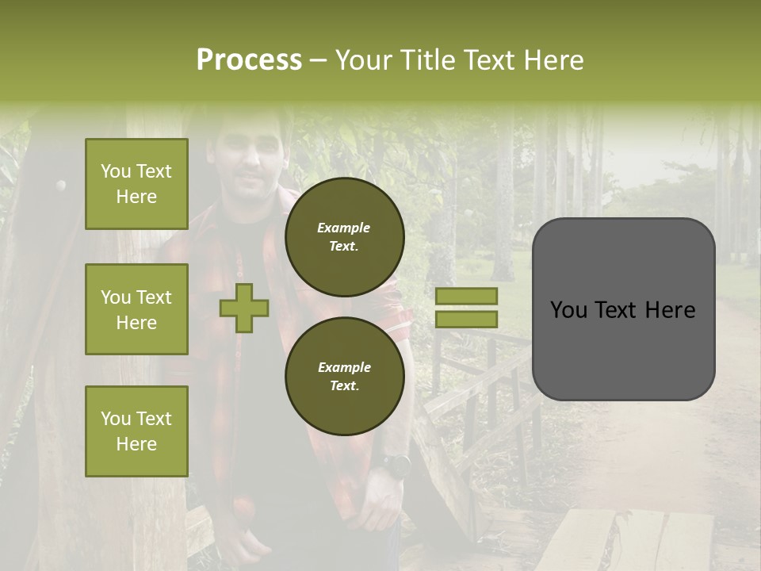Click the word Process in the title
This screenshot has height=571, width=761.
pos(249,60)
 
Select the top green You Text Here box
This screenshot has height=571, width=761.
pos(136,184)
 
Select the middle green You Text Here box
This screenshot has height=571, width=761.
pos(136,309)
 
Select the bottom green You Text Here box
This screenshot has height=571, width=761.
pos(136,431)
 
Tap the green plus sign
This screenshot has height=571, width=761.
pos(243,308)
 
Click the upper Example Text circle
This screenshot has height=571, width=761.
pos(344,236)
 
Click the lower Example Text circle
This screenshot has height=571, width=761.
pos(344,376)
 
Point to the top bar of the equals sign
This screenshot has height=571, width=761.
pos(466,296)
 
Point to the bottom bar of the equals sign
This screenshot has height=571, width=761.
pos(466,319)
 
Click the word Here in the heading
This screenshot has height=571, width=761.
pos(555,60)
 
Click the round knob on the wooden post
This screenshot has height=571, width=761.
pos(60,186)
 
